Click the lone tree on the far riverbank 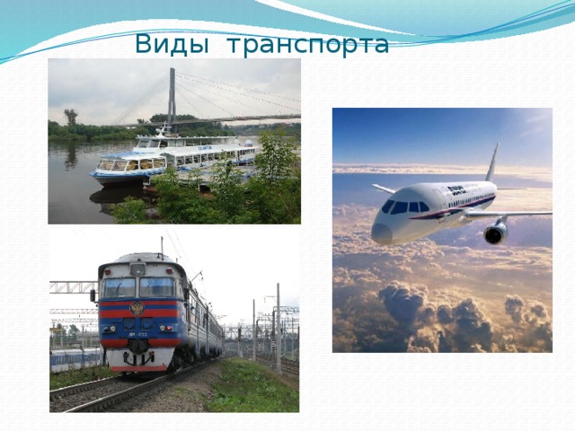(70, 118)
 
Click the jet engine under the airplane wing (496, 233)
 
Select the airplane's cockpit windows (401, 207)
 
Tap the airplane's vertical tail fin (491, 163)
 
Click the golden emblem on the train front (137, 309)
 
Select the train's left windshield (119, 287)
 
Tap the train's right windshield (156, 287)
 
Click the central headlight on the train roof (137, 268)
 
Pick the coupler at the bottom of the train (137, 359)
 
